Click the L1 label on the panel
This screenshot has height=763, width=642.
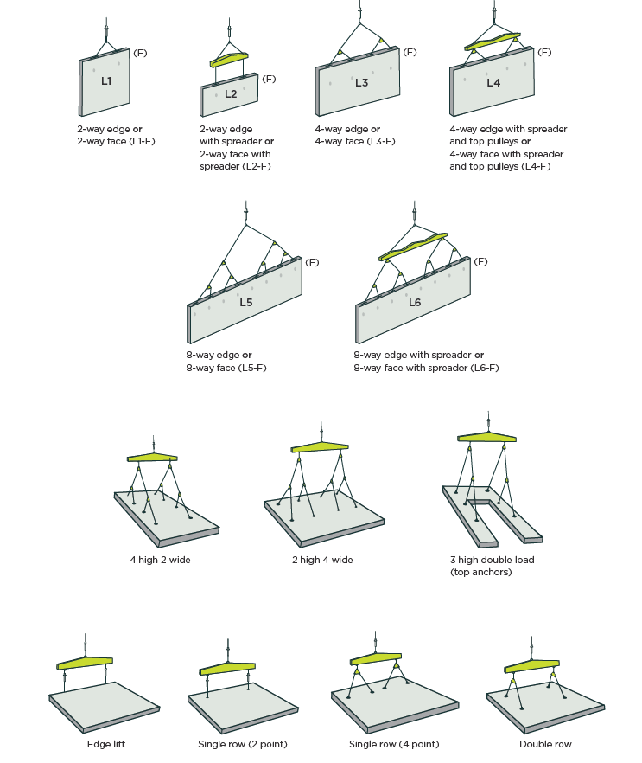106,81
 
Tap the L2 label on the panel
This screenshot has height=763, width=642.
231,94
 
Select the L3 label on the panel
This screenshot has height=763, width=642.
361,83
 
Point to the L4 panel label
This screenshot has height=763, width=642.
493,83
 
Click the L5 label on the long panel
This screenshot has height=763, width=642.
246,303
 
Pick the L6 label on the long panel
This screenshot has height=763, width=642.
415,303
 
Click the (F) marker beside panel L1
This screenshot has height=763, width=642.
140,53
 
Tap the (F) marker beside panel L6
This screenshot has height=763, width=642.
480,261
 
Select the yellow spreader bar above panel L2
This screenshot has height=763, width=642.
229,60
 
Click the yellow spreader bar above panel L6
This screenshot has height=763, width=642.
413,246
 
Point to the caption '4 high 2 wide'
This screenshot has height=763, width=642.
161,560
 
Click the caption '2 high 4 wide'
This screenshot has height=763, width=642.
322,560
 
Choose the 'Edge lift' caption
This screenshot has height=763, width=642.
106,744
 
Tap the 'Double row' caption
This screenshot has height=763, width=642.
545,744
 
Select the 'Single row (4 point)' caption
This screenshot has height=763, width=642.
394,744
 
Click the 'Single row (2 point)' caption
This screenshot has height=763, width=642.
243,744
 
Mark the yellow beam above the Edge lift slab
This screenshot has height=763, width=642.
85,663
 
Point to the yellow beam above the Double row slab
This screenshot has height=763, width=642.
531,666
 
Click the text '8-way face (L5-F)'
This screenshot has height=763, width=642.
226,368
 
